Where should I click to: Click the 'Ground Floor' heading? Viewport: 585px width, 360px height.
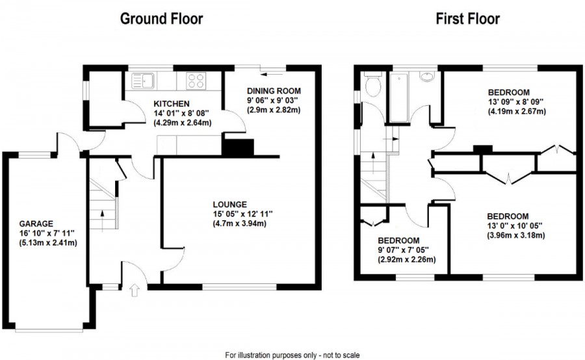pos(161,18)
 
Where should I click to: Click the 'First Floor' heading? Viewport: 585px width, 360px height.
pos(467,18)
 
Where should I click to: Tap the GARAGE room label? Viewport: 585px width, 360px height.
pos(36,223)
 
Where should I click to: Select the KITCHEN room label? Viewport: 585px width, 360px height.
pos(171,103)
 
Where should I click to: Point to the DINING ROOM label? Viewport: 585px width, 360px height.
pos(275,90)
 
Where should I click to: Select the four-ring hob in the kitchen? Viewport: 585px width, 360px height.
pos(196,81)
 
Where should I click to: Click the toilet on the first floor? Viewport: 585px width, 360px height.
pos(373,86)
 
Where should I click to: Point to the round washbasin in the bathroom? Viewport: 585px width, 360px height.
pos(428,78)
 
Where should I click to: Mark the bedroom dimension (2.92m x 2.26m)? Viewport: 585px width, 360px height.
pos(406,260)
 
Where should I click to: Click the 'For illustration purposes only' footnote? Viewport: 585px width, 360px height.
pos(292,355)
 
